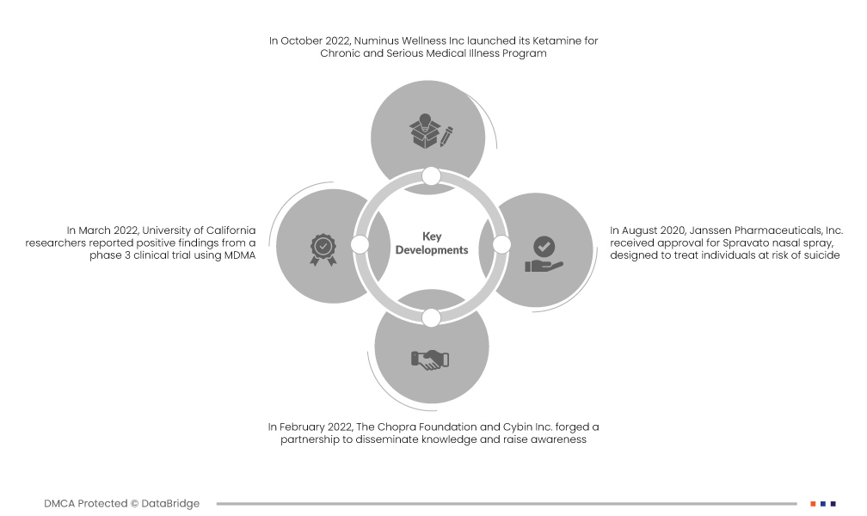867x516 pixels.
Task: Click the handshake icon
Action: (430, 359)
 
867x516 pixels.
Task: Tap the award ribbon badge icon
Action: (323, 250)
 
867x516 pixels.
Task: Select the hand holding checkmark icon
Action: (544, 255)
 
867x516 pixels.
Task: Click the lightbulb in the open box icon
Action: (424, 131)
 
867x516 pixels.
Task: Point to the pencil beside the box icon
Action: (446, 137)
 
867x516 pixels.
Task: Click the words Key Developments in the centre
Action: (432, 243)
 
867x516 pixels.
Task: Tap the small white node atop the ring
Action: (431, 176)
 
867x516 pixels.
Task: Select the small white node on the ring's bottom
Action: (431, 317)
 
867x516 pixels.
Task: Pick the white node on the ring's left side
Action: (360, 244)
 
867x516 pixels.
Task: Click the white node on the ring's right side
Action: (501, 244)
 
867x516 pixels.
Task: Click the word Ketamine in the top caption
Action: (556, 40)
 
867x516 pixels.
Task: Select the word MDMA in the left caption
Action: (240, 255)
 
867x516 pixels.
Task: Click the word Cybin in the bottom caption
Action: (517, 427)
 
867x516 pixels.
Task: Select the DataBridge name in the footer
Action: (170, 503)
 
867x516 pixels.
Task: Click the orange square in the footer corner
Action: (813, 504)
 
